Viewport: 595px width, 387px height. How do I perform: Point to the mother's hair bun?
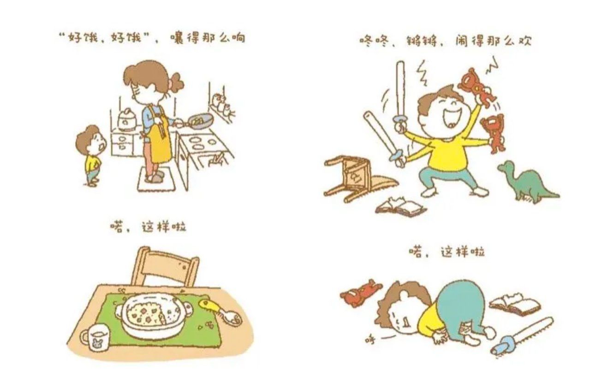coord(176,83)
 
